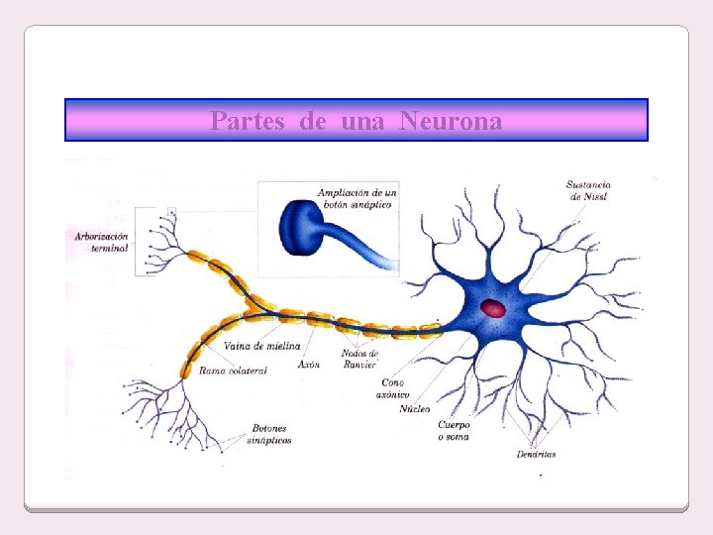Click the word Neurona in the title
pos(452,121)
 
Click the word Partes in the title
pos(248,121)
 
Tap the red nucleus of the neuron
pos(492,309)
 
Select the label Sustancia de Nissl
pos(588,190)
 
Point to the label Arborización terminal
pos(102,242)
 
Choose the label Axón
pos(308,365)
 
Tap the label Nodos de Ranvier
pos(359,359)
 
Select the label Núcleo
pos(415,408)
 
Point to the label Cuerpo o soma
pos(454,430)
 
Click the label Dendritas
pos(536,455)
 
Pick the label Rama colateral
pos(233,371)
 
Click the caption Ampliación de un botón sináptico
pos(355,198)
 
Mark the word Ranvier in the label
pos(359,365)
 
